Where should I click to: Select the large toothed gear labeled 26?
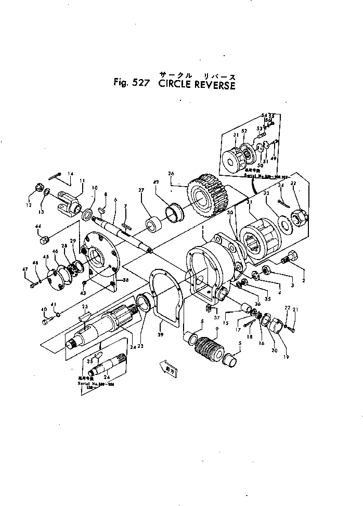[x=203, y=198]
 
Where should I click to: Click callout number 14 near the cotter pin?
[x=71, y=174]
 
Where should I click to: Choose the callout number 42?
[x=155, y=183]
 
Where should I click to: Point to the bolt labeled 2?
[x=289, y=256]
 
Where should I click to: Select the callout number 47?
[x=24, y=268]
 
